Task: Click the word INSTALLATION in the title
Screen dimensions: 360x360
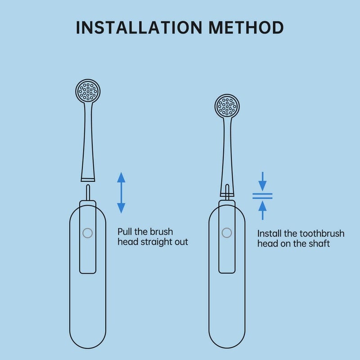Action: (139, 27)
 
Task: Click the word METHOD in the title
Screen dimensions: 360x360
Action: (246, 27)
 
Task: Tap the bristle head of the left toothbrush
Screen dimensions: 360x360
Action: (88, 91)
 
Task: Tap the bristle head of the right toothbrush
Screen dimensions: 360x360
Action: (227, 106)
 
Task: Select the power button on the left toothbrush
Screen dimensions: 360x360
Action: (87, 233)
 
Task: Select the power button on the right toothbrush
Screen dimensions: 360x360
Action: (227, 233)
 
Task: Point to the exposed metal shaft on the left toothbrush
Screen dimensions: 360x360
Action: (88, 193)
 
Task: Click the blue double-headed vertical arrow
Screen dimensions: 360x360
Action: (121, 193)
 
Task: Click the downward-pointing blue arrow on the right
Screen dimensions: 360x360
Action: (262, 181)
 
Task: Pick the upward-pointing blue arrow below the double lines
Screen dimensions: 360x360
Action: (262, 210)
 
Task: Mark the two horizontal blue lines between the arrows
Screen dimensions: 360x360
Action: (262, 196)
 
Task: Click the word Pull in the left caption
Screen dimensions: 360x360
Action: (125, 232)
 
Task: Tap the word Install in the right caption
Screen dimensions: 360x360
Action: (269, 234)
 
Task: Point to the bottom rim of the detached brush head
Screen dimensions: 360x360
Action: (88, 180)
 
